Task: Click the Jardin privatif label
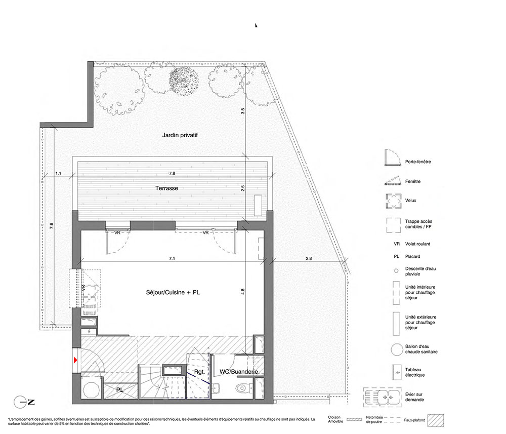[180, 135]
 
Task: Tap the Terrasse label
[166, 188]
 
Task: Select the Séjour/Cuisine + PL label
[173, 293]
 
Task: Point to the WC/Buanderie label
[239, 372]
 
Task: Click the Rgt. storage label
[199, 372]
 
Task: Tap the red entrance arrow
[75, 360]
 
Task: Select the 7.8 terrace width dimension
[172, 173]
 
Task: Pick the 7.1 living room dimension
[172, 258]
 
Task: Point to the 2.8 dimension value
[309, 258]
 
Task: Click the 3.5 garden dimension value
[243, 111]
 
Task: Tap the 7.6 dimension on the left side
[51, 226]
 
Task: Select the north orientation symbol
[24, 403]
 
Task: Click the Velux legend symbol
[394, 201]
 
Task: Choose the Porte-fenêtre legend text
[418, 162]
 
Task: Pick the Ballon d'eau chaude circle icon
[397, 349]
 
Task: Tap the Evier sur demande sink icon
[383, 397]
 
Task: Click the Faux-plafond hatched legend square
[436, 420]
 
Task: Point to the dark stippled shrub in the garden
[184, 81]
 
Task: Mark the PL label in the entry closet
[120, 390]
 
